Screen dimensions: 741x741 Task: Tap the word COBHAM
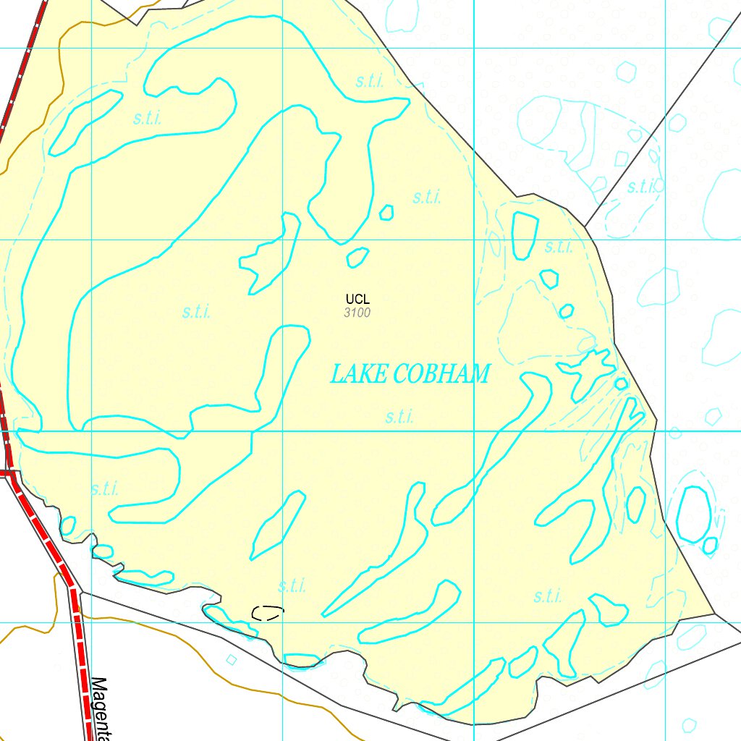[443, 374]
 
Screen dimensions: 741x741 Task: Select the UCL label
[357, 299]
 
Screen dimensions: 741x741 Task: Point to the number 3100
[357, 313]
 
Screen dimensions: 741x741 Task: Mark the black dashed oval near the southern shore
[267, 612]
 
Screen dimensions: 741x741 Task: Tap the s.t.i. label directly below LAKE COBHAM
[399, 417]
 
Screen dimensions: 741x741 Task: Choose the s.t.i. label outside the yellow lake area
[641, 187]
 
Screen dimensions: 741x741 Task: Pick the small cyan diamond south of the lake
[232, 659]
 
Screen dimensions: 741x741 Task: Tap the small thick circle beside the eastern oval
[710, 544]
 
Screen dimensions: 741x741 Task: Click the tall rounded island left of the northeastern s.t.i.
[525, 235]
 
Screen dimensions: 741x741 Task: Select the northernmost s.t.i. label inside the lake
[370, 81]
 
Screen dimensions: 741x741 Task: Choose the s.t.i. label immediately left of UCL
[197, 313]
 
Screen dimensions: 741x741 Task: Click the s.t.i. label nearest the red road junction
[105, 488]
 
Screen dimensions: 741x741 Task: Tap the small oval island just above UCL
[357, 257]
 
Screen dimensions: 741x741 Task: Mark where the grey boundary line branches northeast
[585, 226]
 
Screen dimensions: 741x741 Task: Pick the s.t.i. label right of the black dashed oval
[292, 586]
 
